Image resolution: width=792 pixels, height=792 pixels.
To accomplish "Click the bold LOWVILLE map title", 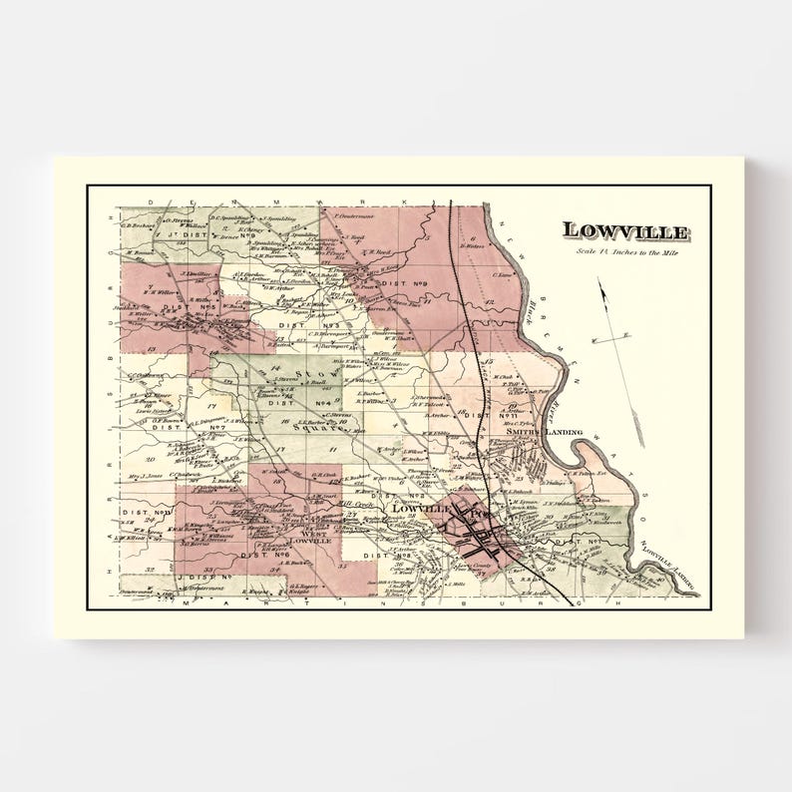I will pos(624,231).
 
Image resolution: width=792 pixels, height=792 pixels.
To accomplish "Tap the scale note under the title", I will pos(624,250).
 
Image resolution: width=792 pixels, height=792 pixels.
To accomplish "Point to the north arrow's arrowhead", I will pos(600,283).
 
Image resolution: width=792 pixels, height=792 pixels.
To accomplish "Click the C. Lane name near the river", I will pos(504,273).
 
